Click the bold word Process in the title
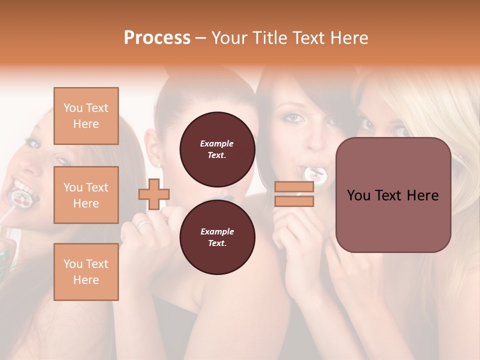[157, 38]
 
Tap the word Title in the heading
[268, 38]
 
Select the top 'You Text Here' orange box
[86, 116]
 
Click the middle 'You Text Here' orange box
[86, 195]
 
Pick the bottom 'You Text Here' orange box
[86, 272]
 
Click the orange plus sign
[154, 194]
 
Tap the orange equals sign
[294, 194]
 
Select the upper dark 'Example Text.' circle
[217, 149]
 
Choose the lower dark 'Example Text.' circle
[217, 237]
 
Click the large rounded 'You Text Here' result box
[393, 195]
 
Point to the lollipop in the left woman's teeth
[23, 196]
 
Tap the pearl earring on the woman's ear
[159, 164]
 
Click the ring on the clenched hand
[143, 224]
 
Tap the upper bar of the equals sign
[294, 187]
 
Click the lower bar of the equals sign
[294, 201]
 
